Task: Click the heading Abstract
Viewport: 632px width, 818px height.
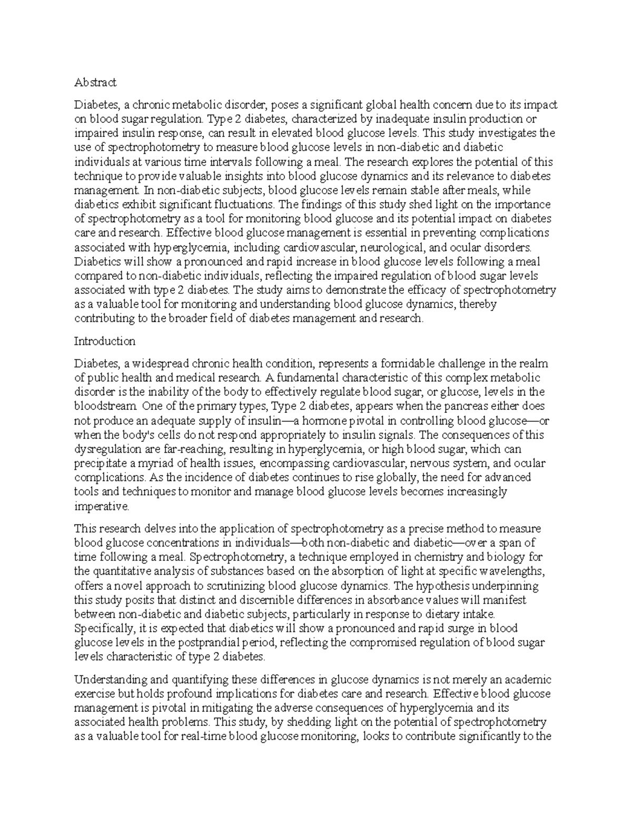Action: [x=95, y=82]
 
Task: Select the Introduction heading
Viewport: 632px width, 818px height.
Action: [x=105, y=341]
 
